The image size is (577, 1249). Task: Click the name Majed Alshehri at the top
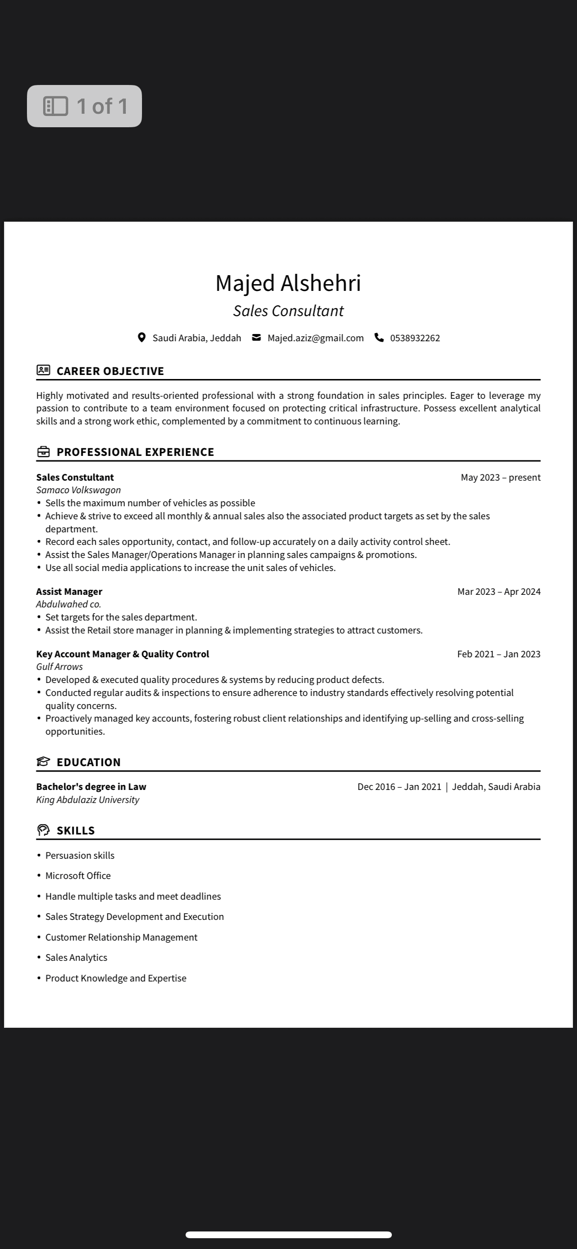(x=288, y=283)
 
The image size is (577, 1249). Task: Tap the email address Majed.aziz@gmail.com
(x=315, y=338)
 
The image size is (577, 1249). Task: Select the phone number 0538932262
(x=415, y=338)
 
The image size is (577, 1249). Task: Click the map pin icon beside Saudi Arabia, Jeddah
(x=142, y=338)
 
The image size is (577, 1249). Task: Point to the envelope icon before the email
(x=256, y=338)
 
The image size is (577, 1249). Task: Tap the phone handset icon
(x=379, y=338)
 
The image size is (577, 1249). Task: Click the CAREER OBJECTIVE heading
(x=110, y=371)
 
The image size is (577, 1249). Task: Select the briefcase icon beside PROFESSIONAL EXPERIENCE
(x=43, y=452)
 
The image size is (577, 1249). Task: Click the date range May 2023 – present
(x=501, y=477)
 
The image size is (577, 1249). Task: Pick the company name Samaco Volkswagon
(x=79, y=490)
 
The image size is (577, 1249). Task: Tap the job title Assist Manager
(x=69, y=592)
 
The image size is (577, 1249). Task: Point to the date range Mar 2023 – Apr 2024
(x=498, y=592)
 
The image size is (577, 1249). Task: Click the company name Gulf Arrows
(x=60, y=667)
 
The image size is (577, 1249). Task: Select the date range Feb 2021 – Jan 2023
(x=498, y=654)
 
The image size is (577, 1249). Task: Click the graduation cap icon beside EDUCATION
(x=43, y=762)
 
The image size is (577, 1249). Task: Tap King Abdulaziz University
(x=88, y=799)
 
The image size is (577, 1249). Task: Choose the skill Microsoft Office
(x=78, y=876)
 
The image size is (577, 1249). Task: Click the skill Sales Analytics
(x=76, y=958)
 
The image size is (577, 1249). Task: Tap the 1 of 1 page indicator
(x=84, y=106)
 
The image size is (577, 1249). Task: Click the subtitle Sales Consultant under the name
(x=288, y=311)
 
